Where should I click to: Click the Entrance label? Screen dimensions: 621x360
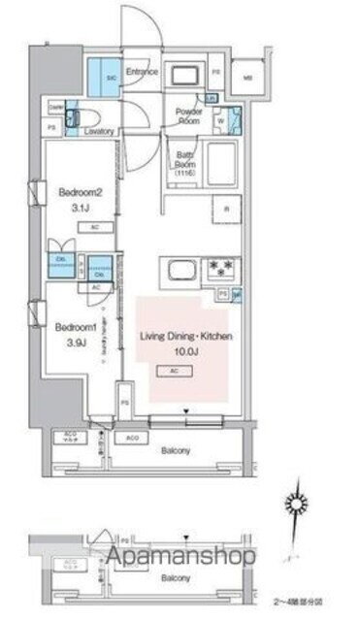point(138,71)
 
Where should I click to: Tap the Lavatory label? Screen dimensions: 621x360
point(100,131)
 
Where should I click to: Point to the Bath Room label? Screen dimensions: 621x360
point(186,160)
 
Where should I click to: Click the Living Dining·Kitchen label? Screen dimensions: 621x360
point(186,336)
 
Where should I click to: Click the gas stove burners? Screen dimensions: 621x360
point(221,267)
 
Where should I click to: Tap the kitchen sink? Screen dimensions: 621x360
point(181,267)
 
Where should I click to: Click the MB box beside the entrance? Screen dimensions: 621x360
point(246,79)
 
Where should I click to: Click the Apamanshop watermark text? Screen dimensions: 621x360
point(180,557)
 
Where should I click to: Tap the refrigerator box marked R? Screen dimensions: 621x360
point(226,210)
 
